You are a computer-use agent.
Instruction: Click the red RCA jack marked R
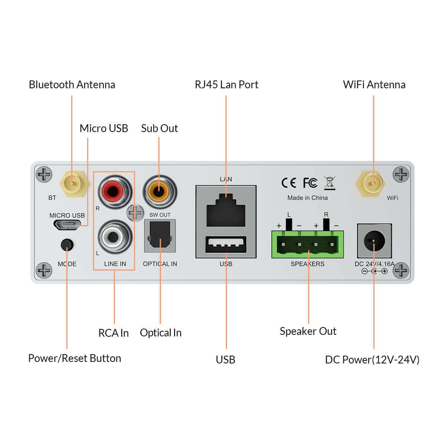(x=115, y=192)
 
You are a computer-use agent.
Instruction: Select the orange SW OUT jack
(x=160, y=192)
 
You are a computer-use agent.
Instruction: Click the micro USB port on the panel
(x=67, y=224)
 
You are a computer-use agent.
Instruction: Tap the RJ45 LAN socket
(x=226, y=210)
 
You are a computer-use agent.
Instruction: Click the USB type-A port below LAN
(x=226, y=244)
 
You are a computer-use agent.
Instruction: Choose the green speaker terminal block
(x=307, y=245)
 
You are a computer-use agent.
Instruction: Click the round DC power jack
(x=374, y=241)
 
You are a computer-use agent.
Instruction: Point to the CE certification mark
(x=289, y=183)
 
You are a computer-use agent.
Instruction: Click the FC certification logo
(x=310, y=183)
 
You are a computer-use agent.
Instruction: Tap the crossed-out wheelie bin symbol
(x=329, y=183)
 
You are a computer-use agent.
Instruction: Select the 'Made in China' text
(x=307, y=198)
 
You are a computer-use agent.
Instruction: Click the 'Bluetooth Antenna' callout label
(x=72, y=85)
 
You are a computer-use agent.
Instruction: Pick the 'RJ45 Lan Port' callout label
(x=226, y=85)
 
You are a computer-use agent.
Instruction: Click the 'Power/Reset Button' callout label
(x=75, y=358)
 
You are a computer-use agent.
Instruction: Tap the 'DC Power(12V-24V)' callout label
(x=372, y=360)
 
